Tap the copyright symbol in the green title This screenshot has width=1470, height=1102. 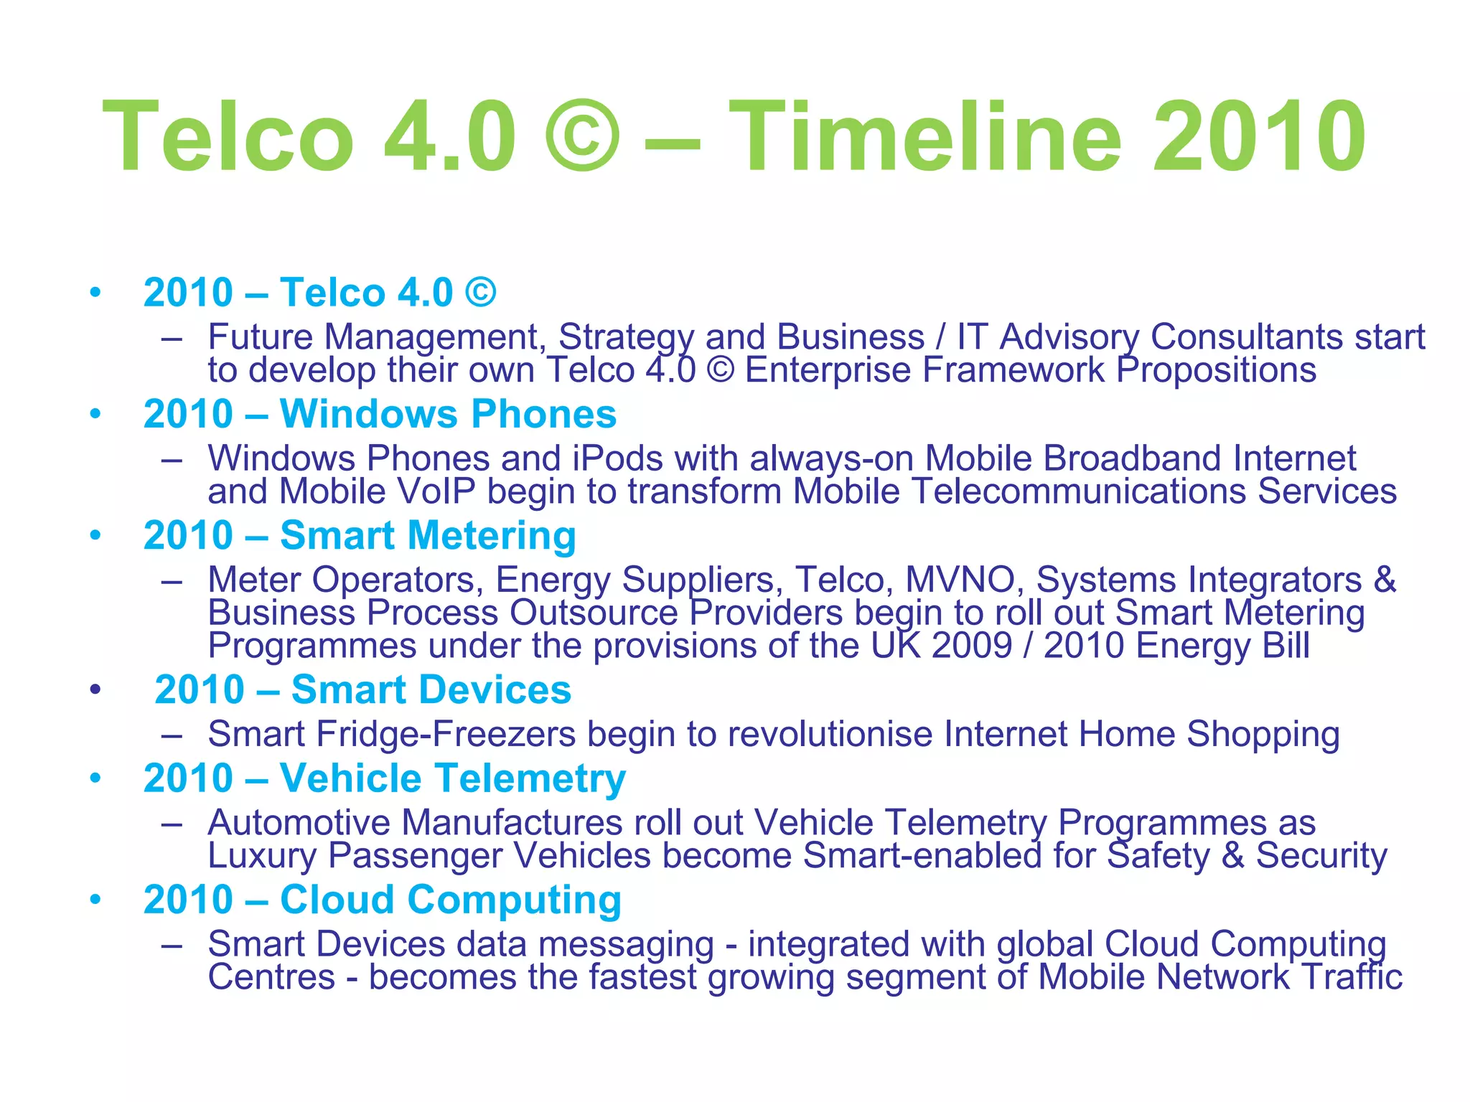pyautogui.click(x=581, y=136)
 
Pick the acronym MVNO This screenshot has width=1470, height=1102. pyautogui.click(x=960, y=580)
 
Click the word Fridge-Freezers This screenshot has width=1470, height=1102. pyautogui.click(x=446, y=735)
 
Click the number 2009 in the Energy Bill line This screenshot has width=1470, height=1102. pyautogui.click(x=972, y=646)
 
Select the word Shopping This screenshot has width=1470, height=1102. pyautogui.click(x=1263, y=735)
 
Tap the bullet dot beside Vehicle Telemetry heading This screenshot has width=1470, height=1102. pyautogui.click(x=95, y=778)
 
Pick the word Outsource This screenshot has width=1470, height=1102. pyautogui.click(x=594, y=613)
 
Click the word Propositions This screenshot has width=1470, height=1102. pyautogui.click(x=1216, y=371)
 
